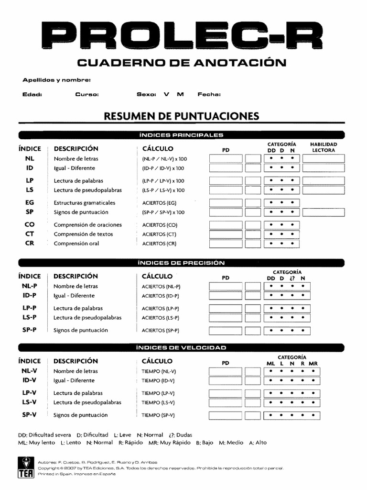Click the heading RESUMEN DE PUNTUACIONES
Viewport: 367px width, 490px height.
(182, 116)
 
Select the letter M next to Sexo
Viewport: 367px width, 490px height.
(180, 94)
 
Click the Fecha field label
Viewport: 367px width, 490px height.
(209, 94)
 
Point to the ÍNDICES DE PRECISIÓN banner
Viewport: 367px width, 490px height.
(181, 262)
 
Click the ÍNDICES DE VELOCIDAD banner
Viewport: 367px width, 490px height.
(181, 347)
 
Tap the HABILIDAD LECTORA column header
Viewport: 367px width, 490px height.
(323, 147)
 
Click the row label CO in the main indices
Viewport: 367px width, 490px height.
(30, 224)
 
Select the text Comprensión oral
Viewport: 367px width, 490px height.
(76, 244)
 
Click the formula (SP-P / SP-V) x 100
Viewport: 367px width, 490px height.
(163, 212)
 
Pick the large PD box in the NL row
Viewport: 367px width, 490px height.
(226, 158)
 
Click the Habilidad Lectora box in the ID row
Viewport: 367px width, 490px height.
(323, 168)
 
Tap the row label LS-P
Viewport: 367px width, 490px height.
(30, 317)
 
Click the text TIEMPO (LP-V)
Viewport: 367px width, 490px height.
(158, 393)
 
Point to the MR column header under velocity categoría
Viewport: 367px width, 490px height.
(313, 364)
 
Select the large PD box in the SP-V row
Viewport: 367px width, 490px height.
(226, 415)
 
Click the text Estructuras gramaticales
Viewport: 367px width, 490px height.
(85, 202)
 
